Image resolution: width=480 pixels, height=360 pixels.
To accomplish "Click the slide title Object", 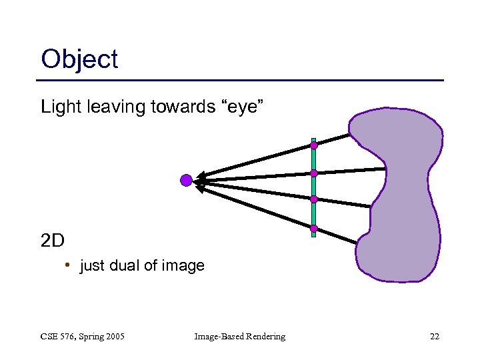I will tap(79, 60).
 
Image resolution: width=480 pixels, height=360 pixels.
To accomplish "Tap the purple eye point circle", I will tap(187, 179).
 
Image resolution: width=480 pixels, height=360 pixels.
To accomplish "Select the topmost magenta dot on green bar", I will tap(313, 145).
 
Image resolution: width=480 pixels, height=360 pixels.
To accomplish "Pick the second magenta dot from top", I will tap(313, 173).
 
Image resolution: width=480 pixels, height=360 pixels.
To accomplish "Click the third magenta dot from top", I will tap(313, 199).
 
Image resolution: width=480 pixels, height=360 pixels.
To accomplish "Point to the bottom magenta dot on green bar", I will tap(313, 229).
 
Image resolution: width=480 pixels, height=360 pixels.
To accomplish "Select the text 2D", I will tap(52, 240).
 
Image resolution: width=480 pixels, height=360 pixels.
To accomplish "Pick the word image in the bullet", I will tap(182, 266).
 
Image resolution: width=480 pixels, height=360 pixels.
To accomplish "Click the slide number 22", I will tap(434, 337).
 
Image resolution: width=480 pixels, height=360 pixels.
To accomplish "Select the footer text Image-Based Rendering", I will tap(239, 337).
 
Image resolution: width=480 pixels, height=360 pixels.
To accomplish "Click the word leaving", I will tap(109, 106).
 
